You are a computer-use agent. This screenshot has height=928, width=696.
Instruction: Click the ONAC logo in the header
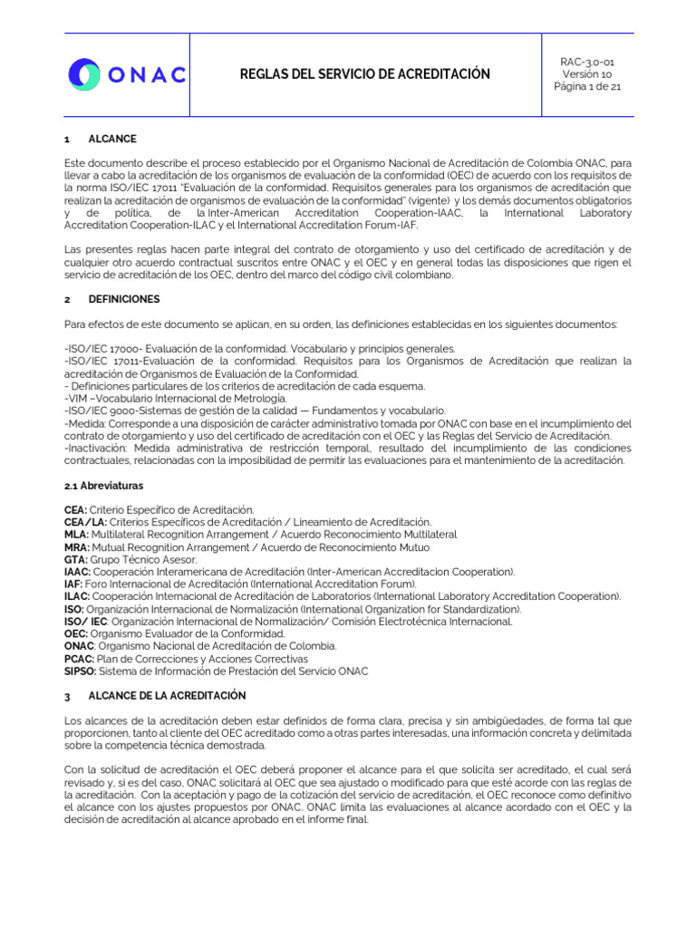(127, 74)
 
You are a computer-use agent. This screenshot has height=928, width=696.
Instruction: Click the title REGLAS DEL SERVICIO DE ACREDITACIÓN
(364, 74)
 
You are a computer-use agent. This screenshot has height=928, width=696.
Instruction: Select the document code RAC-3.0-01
(587, 61)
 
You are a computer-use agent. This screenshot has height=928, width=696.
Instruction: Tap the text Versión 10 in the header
(587, 73)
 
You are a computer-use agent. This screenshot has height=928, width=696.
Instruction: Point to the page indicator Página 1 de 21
(587, 86)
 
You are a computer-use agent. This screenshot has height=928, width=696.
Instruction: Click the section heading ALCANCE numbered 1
(112, 140)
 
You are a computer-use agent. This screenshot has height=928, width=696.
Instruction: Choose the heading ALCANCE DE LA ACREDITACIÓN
(167, 695)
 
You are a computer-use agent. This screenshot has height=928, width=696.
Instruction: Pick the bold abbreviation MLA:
(77, 535)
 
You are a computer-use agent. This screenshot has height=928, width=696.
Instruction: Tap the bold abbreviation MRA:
(78, 547)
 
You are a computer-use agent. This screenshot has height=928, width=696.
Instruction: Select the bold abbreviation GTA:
(77, 560)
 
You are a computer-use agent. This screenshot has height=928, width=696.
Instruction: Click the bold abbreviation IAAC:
(79, 572)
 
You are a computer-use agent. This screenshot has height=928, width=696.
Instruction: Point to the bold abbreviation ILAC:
(78, 596)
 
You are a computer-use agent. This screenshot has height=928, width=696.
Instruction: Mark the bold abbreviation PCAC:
(80, 658)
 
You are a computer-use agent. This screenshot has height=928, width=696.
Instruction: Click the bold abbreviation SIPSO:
(81, 671)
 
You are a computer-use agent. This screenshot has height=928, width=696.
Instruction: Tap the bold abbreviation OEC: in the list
(77, 633)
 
